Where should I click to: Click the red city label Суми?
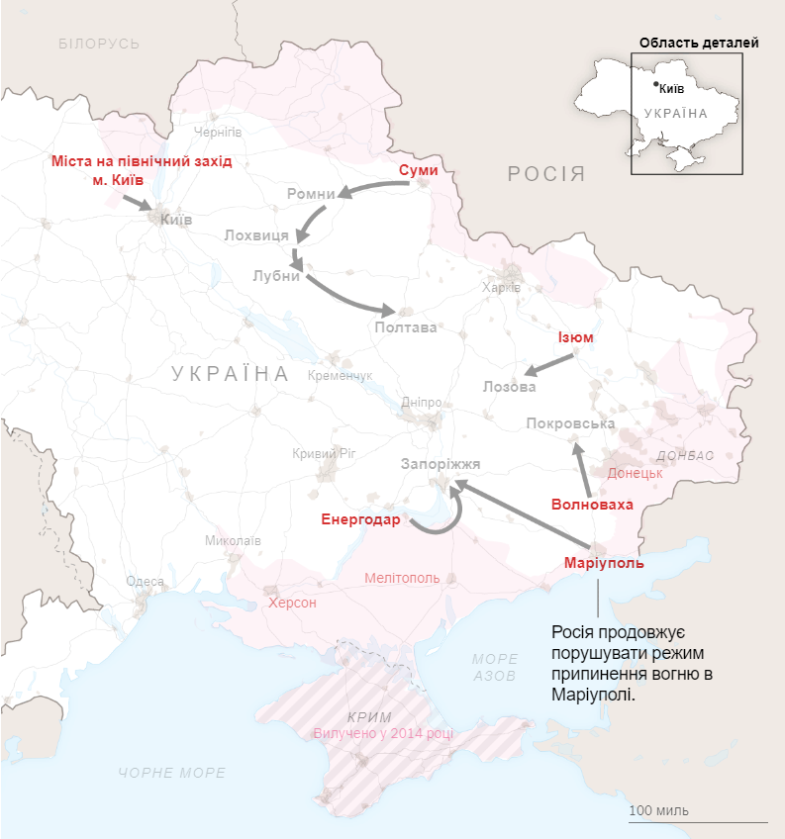pos(418,170)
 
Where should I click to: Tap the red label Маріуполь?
pos(604,563)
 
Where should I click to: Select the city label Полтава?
pos(406,327)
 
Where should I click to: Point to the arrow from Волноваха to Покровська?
pos(583,471)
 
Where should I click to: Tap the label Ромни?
pos(311,194)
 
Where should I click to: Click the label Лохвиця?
pos(256,235)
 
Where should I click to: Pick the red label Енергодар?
pos(360,519)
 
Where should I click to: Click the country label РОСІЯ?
pos(546,175)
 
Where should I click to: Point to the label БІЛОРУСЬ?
pos(99,44)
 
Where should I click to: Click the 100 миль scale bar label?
pos(659,810)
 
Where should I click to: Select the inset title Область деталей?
pos(699,43)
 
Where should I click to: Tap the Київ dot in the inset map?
pos(655,85)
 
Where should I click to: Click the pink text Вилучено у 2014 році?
pos(384,733)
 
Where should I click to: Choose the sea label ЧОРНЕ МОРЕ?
pos(171,773)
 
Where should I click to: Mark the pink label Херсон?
pos(292,603)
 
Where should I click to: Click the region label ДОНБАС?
pos(685,455)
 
